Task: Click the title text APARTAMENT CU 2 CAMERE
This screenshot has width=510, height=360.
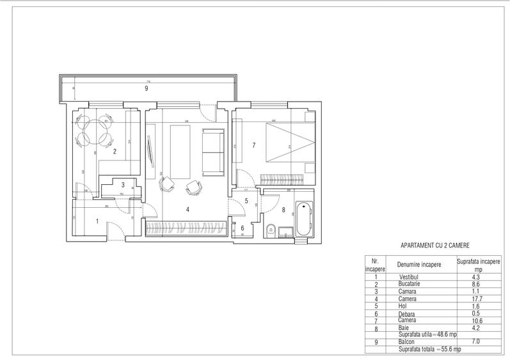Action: coord(434,245)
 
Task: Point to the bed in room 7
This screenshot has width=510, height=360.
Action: coord(287,142)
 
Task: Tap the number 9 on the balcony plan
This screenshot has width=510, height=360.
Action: coord(146,89)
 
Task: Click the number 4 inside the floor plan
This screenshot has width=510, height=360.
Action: coord(187,209)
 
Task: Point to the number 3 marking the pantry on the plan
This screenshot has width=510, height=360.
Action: coord(124,185)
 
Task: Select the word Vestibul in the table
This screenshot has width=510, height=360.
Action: coord(407,278)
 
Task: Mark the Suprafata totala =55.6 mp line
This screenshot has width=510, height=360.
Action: coord(428,350)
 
